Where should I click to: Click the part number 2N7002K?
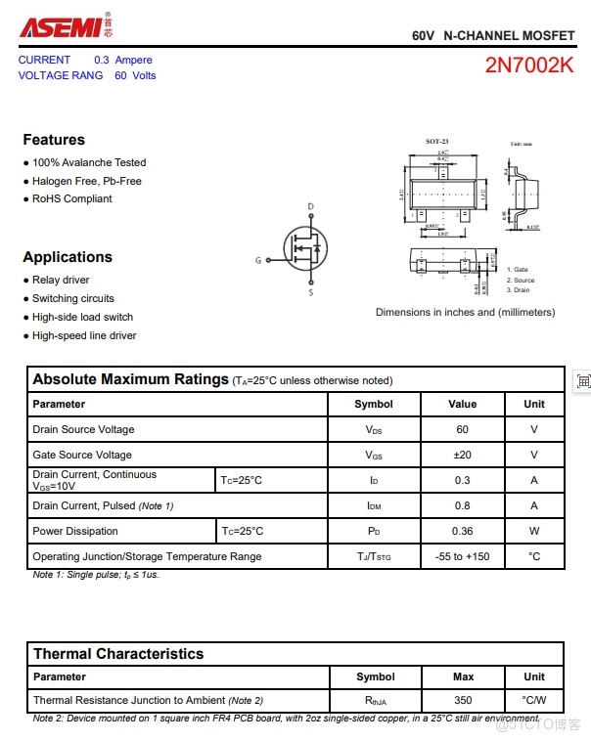529,65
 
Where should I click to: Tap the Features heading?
54,140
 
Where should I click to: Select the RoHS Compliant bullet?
71,198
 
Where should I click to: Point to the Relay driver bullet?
61,280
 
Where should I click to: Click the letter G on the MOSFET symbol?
258,260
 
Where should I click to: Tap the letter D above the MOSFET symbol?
311,206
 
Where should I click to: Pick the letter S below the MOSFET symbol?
311,292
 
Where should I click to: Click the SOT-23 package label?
436,142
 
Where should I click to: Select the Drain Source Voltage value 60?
462,429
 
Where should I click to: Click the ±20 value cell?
462,455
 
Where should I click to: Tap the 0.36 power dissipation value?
462,531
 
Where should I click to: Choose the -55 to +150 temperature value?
462,556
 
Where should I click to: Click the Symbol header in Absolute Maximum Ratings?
374,404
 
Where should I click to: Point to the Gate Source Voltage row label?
82,455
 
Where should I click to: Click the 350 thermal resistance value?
463,700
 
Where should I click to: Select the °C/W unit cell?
534,700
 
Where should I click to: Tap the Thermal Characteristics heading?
118,654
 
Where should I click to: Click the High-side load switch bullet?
82,317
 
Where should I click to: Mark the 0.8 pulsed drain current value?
462,505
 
